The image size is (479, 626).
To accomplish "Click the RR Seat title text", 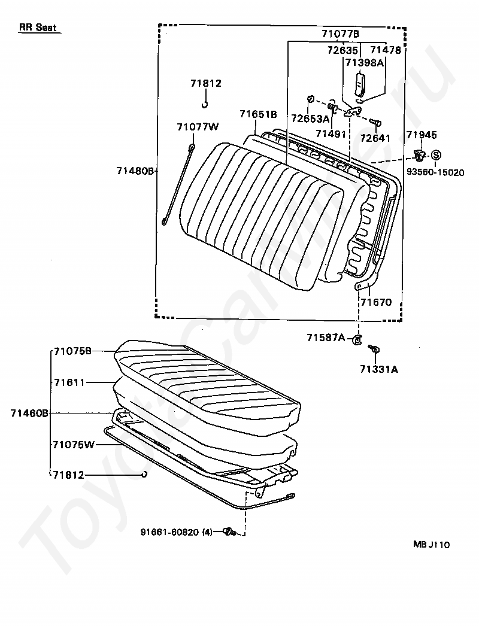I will (38, 28).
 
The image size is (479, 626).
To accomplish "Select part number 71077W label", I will (198, 126).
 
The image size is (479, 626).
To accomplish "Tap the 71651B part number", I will (258, 114).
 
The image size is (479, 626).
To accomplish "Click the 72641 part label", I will (375, 138).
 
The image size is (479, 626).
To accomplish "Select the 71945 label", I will (422, 135).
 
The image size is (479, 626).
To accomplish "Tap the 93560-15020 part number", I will (435, 172).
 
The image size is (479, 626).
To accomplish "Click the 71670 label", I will (375, 302).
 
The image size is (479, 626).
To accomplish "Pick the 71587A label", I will (326, 338).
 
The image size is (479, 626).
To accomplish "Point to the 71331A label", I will (379, 369).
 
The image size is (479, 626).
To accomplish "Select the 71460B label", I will (29, 412).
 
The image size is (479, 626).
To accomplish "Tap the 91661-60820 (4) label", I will (177, 531).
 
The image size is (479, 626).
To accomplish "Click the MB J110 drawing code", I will (431, 545).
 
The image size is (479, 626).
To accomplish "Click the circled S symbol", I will (436, 155).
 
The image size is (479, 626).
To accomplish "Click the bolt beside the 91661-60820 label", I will (229, 531).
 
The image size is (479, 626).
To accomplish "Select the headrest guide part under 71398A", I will (359, 84).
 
